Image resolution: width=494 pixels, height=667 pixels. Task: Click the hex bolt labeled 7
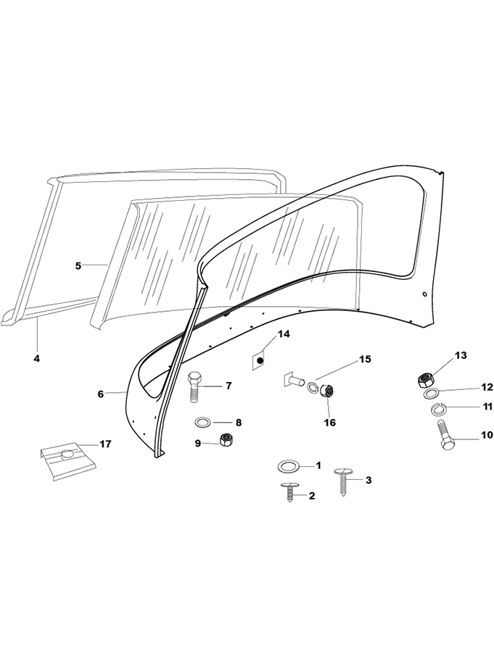point(195,388)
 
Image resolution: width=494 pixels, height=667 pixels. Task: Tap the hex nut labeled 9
point(226,440)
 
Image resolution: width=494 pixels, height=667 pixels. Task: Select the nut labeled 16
point(327,392)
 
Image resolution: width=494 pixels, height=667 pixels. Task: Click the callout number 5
point(78,265)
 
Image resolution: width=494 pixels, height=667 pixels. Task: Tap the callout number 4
point(37,358)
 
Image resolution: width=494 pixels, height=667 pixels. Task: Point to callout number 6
point(101,394)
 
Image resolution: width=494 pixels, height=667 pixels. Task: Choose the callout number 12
point(466,387)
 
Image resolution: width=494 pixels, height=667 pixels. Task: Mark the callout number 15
point(364,360)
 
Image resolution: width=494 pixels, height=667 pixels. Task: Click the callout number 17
point(105,444)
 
